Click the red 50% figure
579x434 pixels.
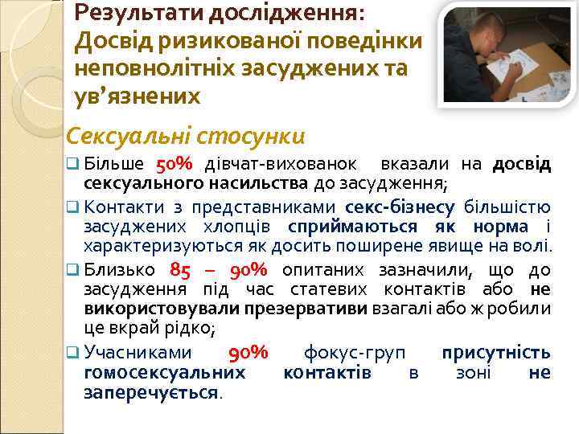174,165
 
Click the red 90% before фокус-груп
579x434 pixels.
248,353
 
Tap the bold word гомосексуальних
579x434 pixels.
165,372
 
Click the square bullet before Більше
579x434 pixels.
72,166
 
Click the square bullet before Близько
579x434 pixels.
72,270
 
